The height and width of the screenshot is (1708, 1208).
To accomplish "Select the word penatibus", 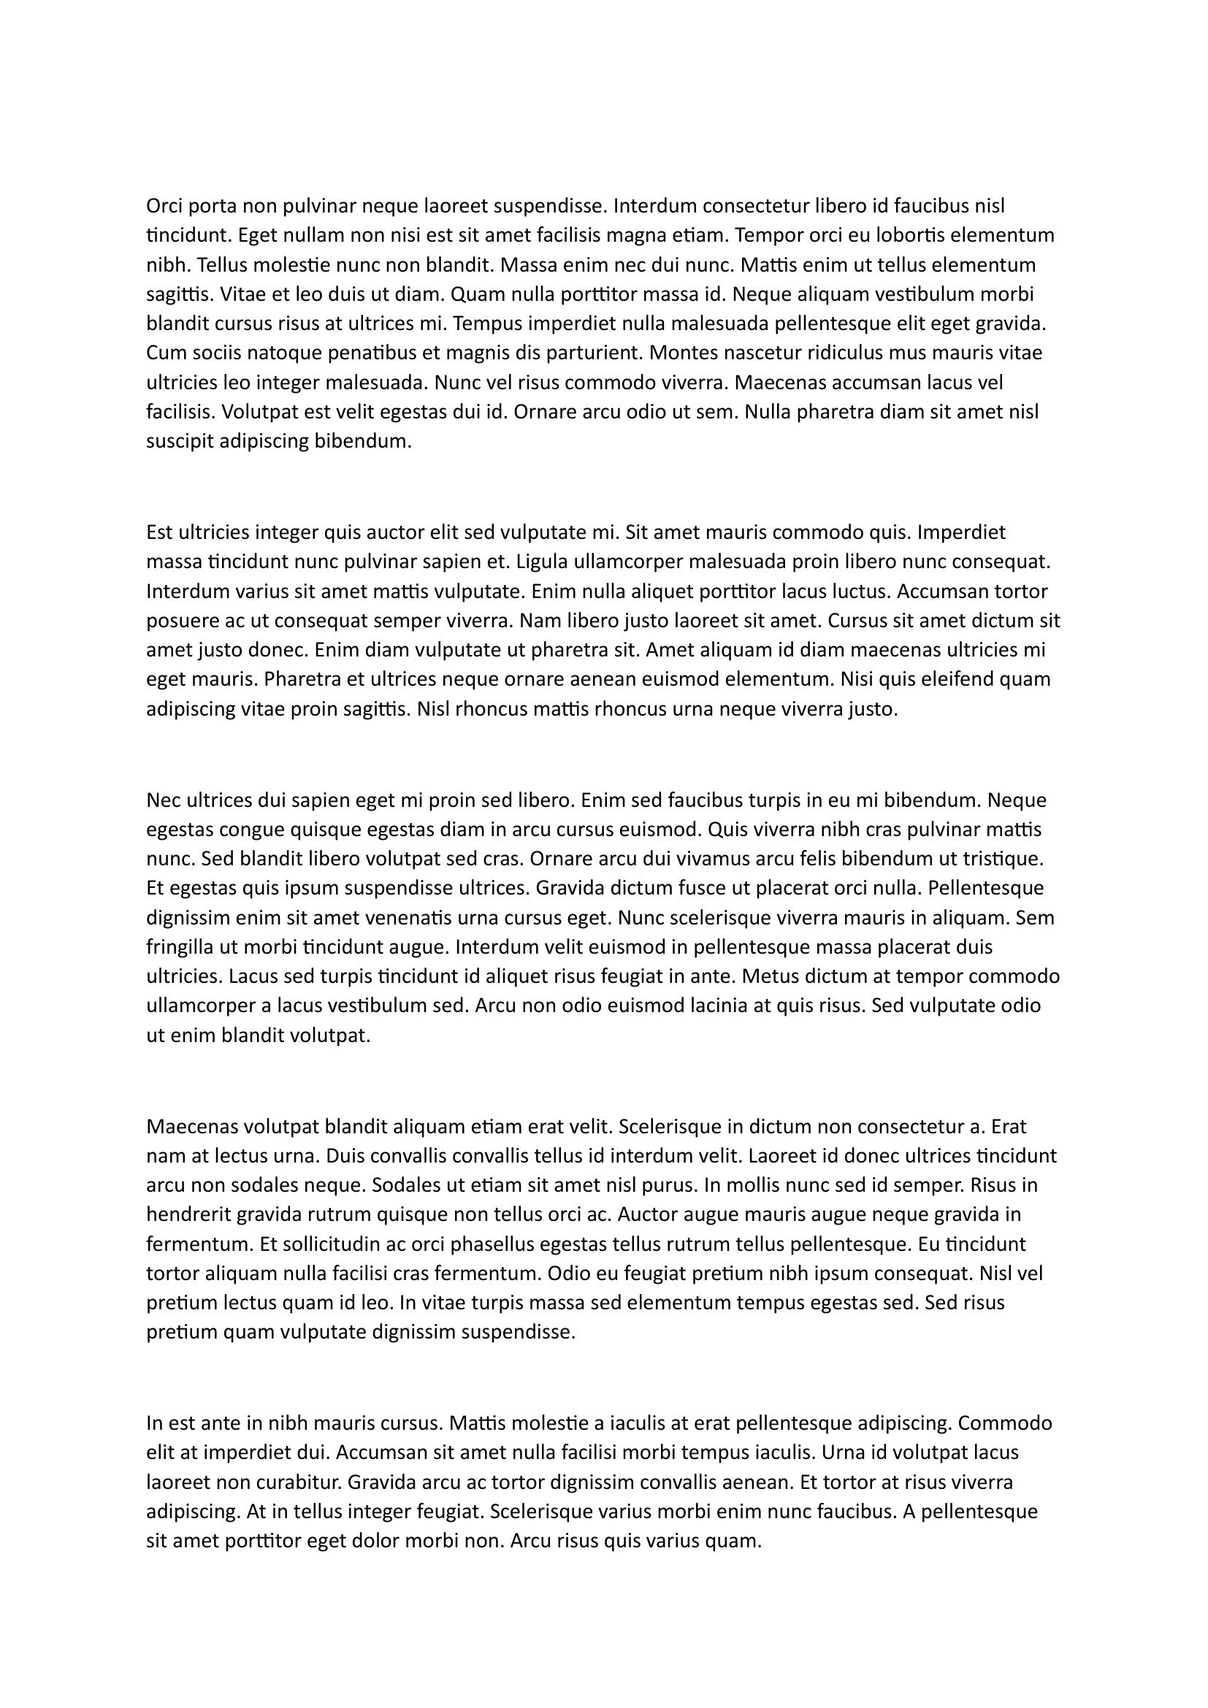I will point(369,353).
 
